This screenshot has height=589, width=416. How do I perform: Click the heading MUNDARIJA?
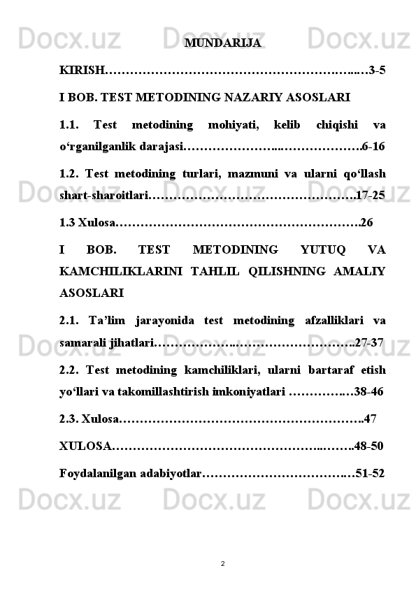click(223, 43)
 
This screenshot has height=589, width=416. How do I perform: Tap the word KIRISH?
click(81, 71)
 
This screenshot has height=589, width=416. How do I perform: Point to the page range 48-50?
click(368, 446)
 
